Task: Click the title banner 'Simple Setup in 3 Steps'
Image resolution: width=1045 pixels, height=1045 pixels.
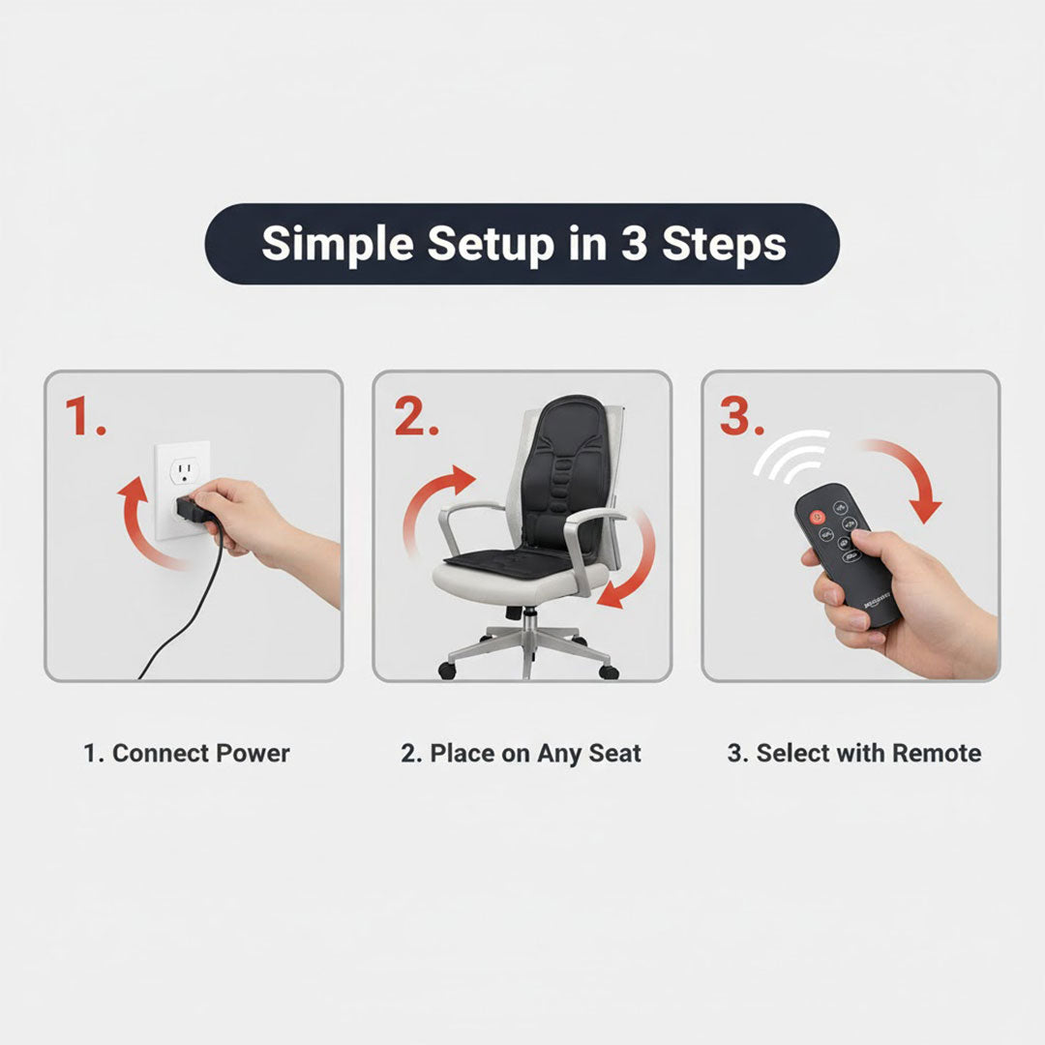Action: pyautogui.click(x=522, y=244)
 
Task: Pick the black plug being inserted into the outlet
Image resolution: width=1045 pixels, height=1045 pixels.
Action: pyautogui.click(x=190, y=509)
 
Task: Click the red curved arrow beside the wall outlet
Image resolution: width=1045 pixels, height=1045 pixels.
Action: pyautogui.click(x=140, y=522)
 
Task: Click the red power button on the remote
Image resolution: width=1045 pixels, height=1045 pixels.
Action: pyautogui.click(x=817, y=517)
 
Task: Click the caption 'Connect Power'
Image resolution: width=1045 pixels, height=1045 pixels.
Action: pyautogui.click(x=187, y=754)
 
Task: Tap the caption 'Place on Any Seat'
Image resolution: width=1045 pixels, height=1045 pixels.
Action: pyautogui.click(x=521, y=754)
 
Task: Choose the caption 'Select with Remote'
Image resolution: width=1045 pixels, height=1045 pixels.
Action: pyautogui.click(x=853, y=754)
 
